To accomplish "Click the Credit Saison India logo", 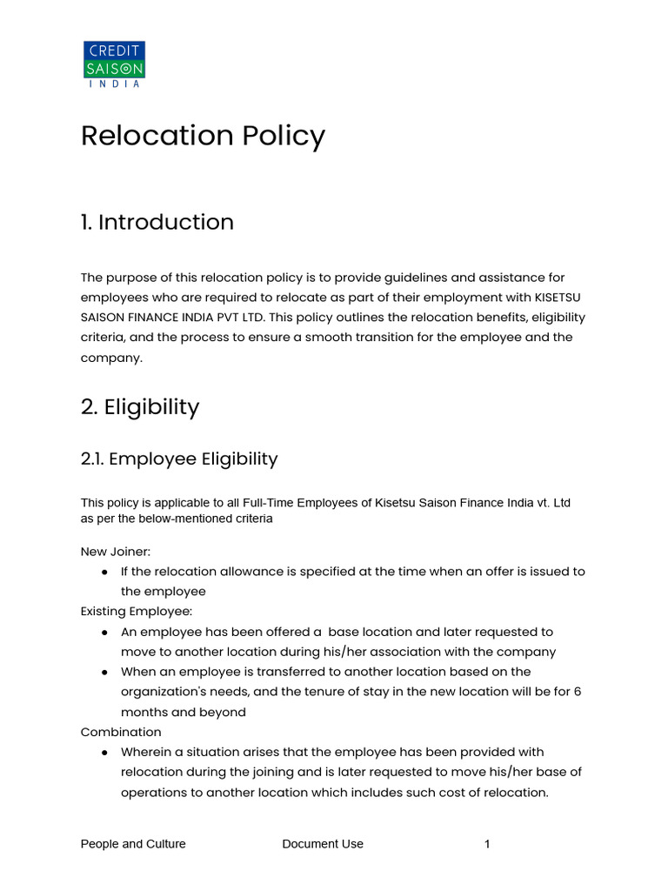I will coord(114,64).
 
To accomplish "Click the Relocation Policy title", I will coord(203,136).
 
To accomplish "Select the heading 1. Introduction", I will coord(157,222).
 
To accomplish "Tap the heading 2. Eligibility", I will coord(140,407).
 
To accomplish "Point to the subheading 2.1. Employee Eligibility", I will coord(178,459).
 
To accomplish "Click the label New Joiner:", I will coord(116,552).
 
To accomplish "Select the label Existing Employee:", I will coord(137,612).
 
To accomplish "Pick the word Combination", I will coord(121,732).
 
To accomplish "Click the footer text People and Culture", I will coord(133,844).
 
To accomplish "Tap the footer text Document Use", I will coord(323,844).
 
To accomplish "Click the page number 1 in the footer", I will coord(488,844).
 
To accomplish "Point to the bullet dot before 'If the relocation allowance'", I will coord(104,572).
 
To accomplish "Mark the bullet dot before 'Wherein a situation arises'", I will coord(104,752).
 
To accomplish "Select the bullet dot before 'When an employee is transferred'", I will coord(104,672).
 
